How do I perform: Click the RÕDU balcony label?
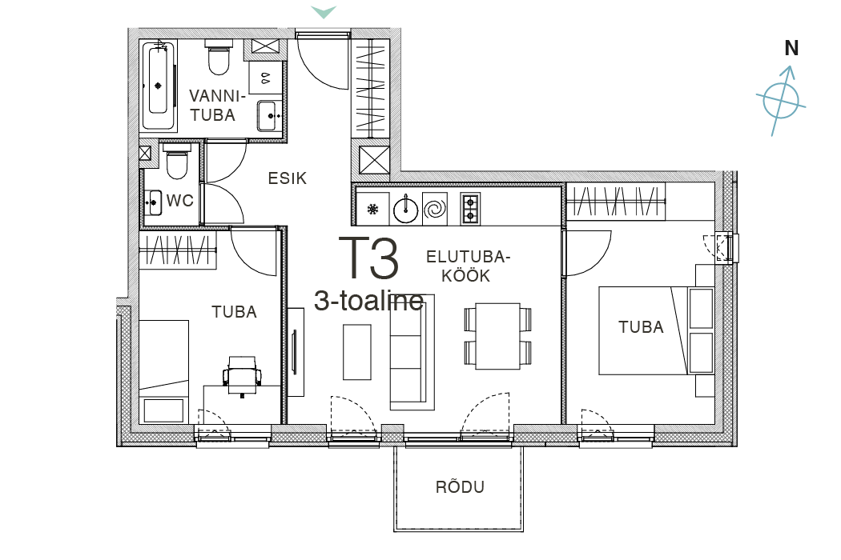click(x=460, y=486)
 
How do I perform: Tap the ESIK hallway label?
click(x=288, y=178)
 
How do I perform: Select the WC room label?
click(x=179, y=201)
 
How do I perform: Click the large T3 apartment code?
click(x=369, y=259)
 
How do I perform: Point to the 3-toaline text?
click(x=369, y=301)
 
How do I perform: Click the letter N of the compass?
click(x=791, y=48)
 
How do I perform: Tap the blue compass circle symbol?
click(x=781, y=100)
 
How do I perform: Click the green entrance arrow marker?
click(x=324, y=12)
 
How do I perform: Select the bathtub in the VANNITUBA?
click(x=159, y=85)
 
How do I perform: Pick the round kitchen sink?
click(x=405, y=208)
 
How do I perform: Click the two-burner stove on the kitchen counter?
click(x=470, y=209)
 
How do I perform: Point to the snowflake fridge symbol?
click(x=372, y=209)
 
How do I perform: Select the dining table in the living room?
click(x=497, y=336)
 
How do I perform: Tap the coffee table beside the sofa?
click(x=356, y=351)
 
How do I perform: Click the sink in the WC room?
click(x=154, y=202)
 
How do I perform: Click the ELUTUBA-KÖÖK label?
click(x=468, y=266)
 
